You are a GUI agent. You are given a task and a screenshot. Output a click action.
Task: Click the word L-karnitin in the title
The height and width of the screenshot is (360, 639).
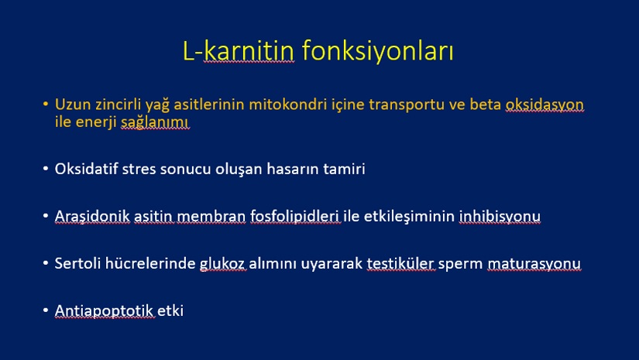(x=238, y=51)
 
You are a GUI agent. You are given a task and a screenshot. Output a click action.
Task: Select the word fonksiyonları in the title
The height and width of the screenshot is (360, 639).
(x=378, y=51)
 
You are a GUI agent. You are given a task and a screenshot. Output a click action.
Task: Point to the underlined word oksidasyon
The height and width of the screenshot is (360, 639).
(x=545, y=105)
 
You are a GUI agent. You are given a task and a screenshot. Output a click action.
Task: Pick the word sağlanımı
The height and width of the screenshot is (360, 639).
(x=155, y=122)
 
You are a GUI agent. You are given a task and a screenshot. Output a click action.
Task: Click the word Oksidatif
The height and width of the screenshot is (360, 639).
(x=87, y=169)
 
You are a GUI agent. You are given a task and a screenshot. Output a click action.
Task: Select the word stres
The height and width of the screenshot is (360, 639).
(x=139, y=169)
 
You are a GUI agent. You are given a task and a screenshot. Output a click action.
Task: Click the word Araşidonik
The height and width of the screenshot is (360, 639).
(x=92, y=216)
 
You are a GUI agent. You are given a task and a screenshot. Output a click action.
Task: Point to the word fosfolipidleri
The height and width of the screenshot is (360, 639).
(x=294, y=216)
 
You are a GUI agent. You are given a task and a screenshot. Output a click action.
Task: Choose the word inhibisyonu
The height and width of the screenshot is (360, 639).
(x=500, y=217)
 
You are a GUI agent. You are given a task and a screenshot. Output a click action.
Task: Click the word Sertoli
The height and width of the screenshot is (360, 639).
(x=77, y=263)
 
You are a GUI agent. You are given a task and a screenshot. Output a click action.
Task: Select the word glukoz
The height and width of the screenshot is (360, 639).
(x=222, y=264)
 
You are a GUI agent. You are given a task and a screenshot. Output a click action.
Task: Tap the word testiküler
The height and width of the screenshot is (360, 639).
(x=400, y=263)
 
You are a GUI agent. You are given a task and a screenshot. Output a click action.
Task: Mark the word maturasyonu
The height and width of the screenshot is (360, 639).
(x=534, y=264)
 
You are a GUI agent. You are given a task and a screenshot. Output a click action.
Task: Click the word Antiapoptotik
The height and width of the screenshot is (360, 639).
(x=104, y=311)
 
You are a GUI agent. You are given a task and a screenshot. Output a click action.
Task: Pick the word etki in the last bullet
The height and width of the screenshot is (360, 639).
(x=170, y=310)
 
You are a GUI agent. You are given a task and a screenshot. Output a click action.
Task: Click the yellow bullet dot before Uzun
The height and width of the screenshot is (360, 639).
(x=46, y=105)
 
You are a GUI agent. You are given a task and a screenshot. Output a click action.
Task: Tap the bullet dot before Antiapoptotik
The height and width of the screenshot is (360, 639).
(x=46, y=310)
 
